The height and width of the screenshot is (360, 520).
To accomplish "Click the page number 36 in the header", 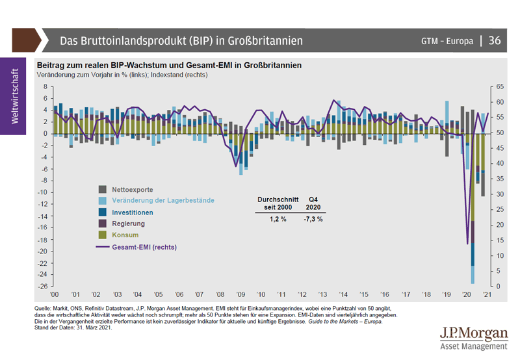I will (x=495, y=40).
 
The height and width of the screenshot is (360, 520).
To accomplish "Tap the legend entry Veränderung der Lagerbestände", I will (x=162, y=200).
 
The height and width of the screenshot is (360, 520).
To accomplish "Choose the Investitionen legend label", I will (x=133, y=212).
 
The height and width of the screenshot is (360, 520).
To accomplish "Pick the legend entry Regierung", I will (x=129, y=224).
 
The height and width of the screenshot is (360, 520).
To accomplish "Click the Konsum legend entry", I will (x=125, y=235).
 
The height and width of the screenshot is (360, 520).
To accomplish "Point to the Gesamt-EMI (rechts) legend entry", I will (x=144, y=247).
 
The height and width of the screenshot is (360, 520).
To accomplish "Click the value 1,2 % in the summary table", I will (x=278, y=219).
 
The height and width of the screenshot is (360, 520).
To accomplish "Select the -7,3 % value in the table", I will (x=313, y=219).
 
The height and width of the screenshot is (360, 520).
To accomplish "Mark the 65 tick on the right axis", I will (x=500, y=86).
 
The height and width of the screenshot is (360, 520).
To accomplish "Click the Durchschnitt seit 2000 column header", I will (x=278, y=203).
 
